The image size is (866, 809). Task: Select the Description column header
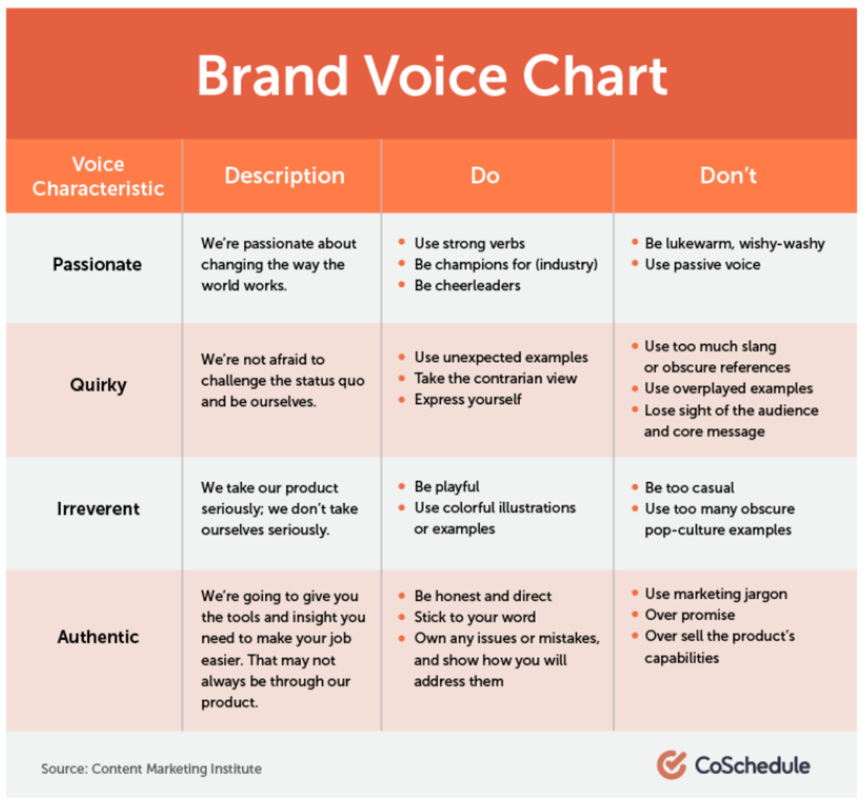(284, 176)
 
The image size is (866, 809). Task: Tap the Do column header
(485, 176)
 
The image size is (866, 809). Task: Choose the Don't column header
(728, 176)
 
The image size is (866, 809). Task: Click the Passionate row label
(97, 265)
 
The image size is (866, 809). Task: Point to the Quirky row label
(98, 385)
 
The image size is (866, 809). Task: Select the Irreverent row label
(98, 509)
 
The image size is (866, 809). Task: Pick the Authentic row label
(98, 637)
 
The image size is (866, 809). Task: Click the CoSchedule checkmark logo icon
(671, 765)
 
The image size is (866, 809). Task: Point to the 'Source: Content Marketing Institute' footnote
(151, 769)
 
